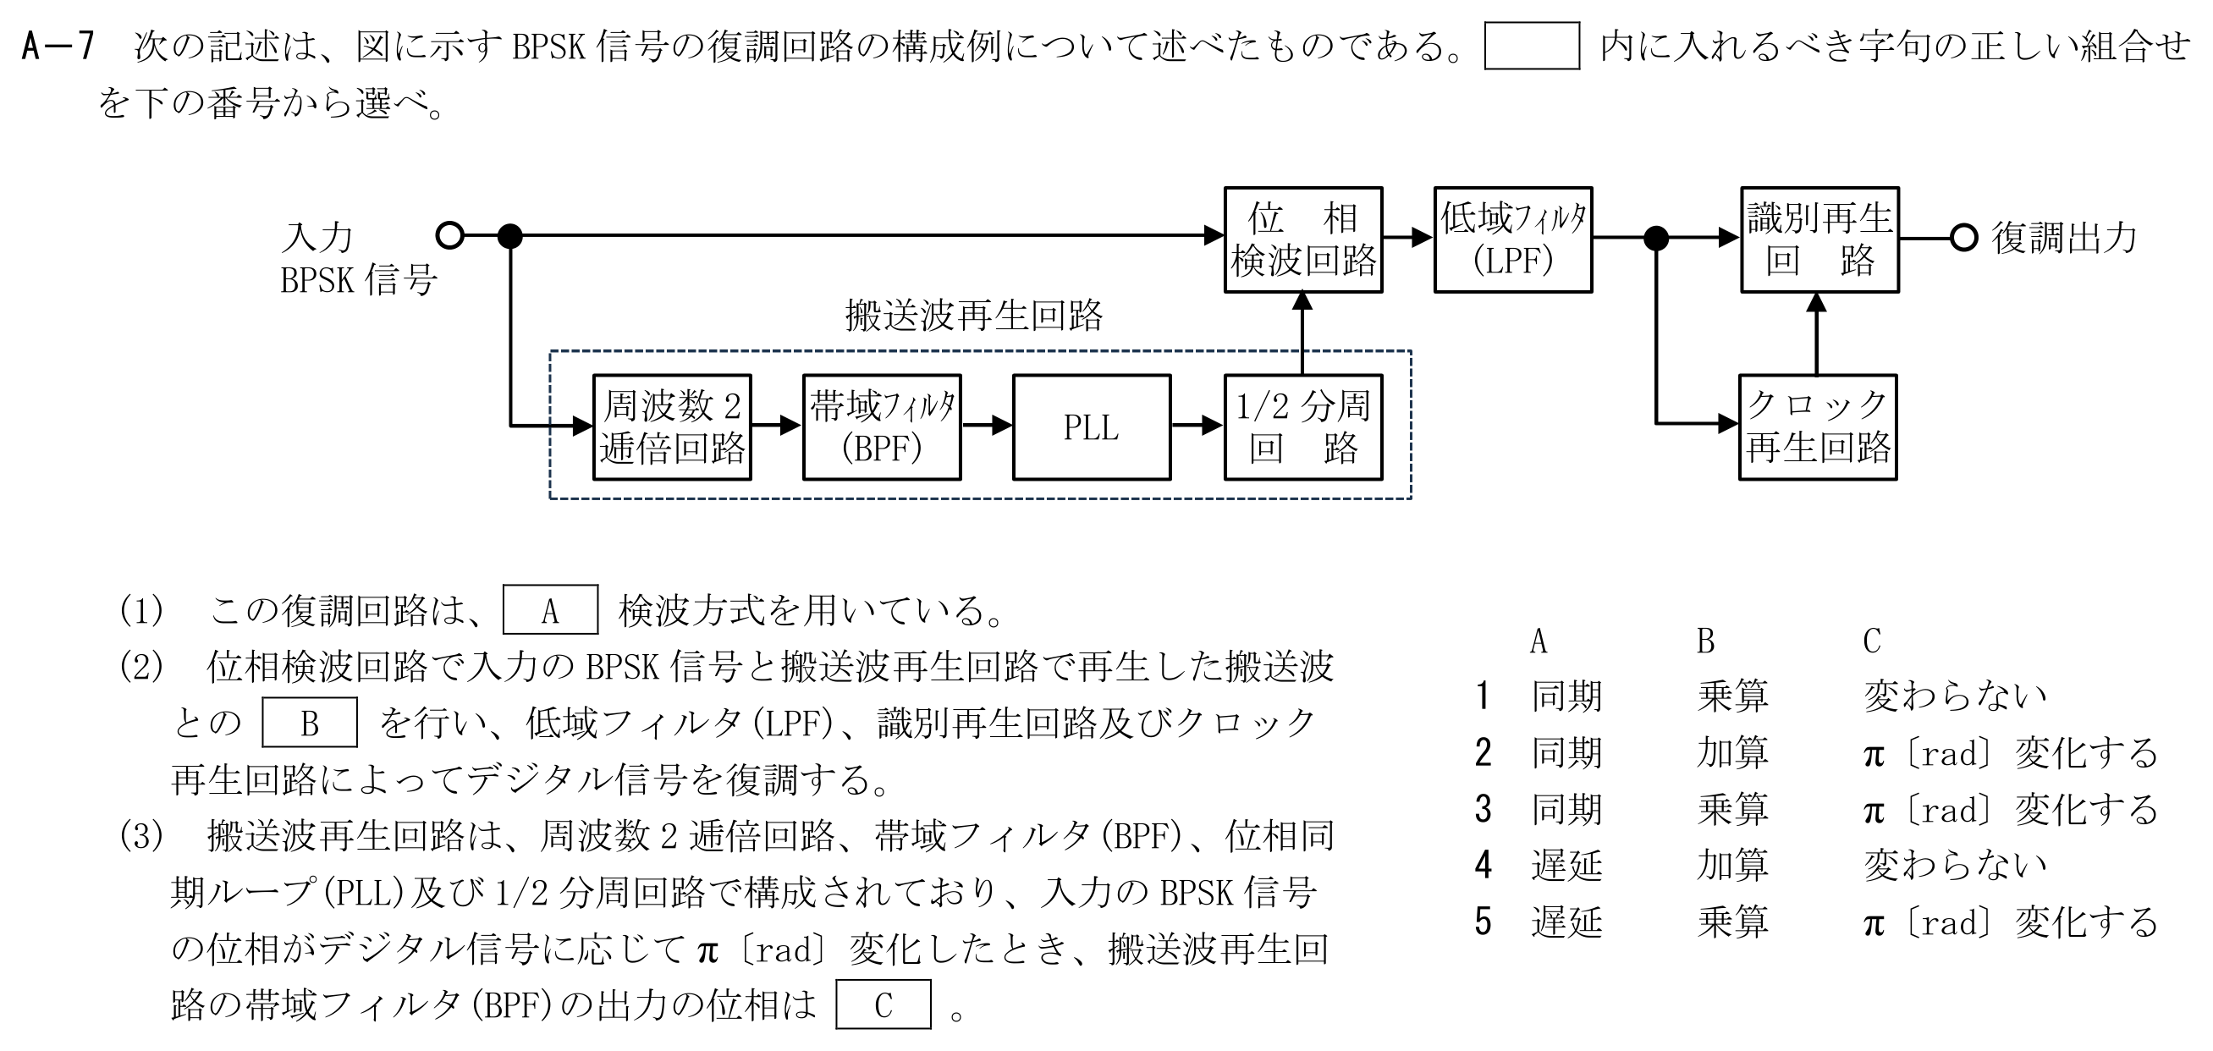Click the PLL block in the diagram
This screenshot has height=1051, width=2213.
[x=1091, y=427]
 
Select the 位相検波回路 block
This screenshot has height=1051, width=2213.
[x=1303, y=239]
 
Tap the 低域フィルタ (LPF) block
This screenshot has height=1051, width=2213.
[x=1513, y=239]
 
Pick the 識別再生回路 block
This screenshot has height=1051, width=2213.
[x=1819, y=239]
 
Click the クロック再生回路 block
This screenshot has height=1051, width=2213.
[x=1818, y=427]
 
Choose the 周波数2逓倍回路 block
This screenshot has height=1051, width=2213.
[x=672, y=427]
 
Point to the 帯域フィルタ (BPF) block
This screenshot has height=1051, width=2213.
[x=883, y=427]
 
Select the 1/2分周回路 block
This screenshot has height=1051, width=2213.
[x=1303, y=427]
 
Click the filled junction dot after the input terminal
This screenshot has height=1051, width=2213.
[x=510, y=234]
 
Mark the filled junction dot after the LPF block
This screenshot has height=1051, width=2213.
[x=1655, y=238]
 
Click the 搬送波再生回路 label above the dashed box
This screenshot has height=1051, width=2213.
[x=973, y=316]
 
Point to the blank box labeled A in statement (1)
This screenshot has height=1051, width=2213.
[x=551, y=609]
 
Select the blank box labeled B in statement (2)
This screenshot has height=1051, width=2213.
[x=309, y=722]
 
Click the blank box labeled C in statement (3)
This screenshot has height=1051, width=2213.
[x=884, y=1004]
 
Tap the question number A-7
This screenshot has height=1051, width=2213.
[x=57, y=47]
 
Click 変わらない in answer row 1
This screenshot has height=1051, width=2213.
[x=1955, y=696]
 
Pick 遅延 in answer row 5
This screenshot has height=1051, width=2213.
[x=1566, y=922]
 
